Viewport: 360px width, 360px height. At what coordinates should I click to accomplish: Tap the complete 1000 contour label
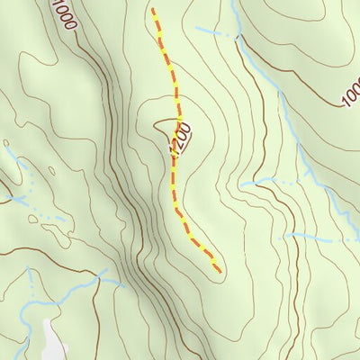63,16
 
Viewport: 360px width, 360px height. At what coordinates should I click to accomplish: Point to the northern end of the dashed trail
153,10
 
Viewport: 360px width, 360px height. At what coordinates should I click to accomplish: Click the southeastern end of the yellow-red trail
219,269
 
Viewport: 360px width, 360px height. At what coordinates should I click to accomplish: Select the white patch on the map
53,340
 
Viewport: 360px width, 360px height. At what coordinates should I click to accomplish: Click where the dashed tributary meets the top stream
236,37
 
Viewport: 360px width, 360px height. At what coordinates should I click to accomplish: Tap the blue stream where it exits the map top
233,4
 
